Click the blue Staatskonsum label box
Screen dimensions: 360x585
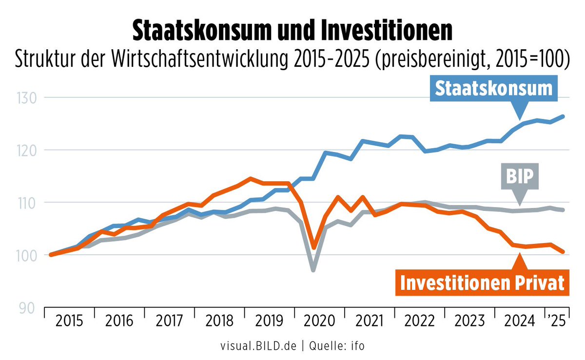pyautogui.click(x=493, y=89)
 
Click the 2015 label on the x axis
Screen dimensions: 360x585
pyautogui.click(x=69, y=322)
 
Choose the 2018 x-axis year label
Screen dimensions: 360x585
pyautogui.click(x=219, y=322)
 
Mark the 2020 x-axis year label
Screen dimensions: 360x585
pyautogui.click(x=319, y=322)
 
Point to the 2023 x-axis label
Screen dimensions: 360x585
pyautogui.click(x=469, y=322)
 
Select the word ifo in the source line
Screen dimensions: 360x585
pyautogui.click(x=356, y=346)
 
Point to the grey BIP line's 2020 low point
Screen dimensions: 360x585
pyautogui.click(x=313, y=269)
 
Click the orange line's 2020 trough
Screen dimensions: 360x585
pyautogui.click(x=314, y=247)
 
